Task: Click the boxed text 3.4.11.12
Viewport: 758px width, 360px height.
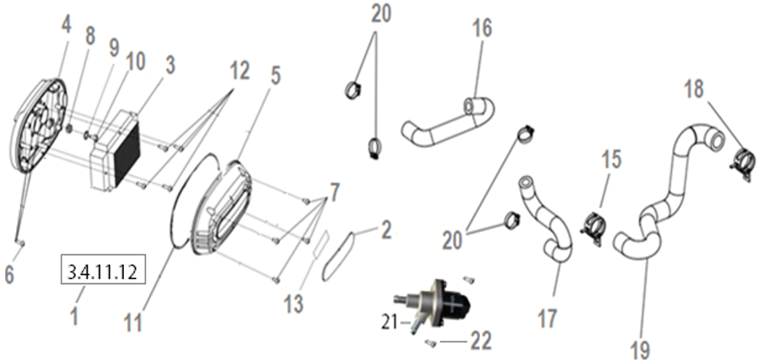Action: (104, 271)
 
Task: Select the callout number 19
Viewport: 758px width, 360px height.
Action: (641, 347)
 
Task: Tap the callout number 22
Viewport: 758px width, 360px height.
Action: (480, 341)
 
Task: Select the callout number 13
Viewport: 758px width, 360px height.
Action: (293, 303)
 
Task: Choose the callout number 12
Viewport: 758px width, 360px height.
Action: (239, 71)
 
